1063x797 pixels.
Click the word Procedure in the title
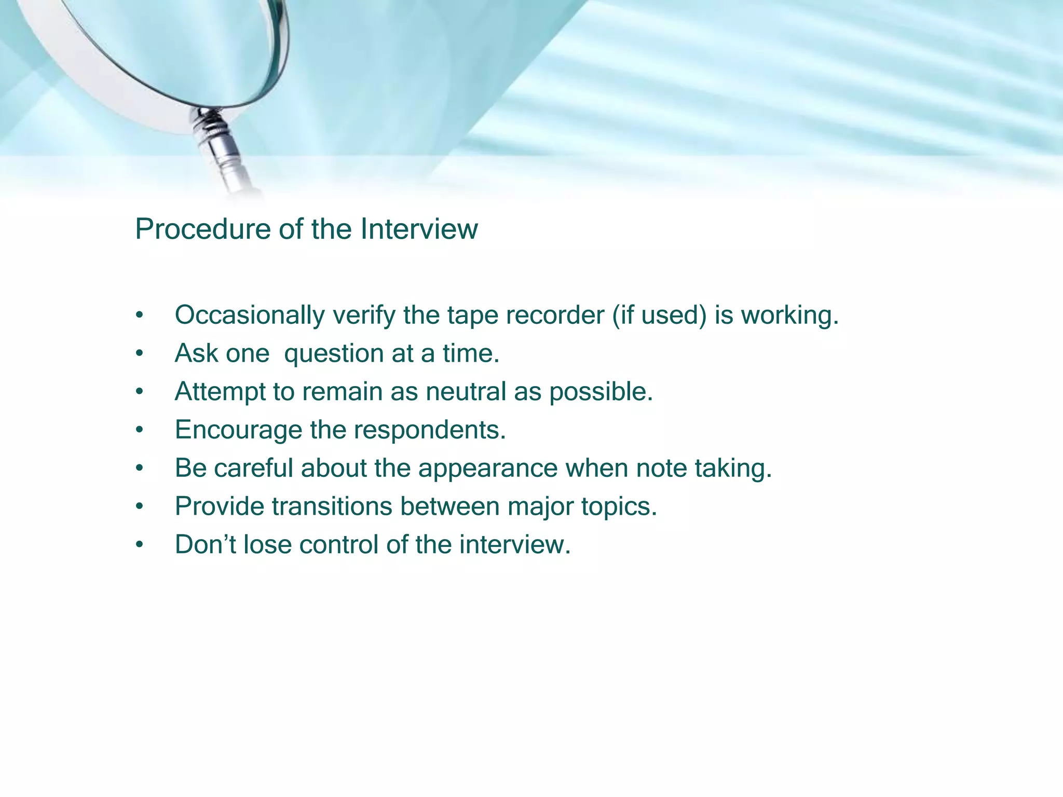click(x=202, y=229)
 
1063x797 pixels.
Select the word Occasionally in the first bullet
click(x=249, y=315)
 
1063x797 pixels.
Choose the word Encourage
click(x=238, y=430)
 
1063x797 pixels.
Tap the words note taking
click(x=703, y=468)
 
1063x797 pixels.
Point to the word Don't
click(x=205, y=544)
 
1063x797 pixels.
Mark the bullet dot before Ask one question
click(x=139, y=354)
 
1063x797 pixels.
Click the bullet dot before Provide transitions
click(x=139, y=506)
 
